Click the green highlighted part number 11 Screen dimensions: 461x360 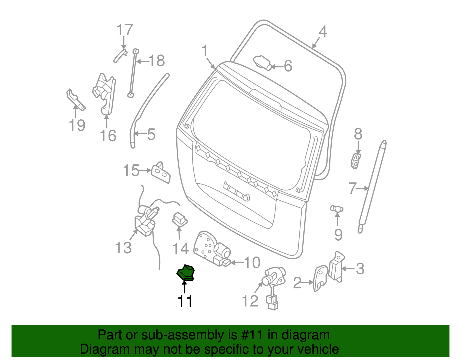point(186,273)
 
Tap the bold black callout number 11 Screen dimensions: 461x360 point(185,301)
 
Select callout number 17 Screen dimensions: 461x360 point(125,30)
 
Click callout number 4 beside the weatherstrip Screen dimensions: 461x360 point(323,32)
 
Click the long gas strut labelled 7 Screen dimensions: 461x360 point(373,187)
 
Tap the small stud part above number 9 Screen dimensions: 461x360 point(337,209)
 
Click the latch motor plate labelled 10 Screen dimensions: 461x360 point(212,249)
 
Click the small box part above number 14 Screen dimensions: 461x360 point(180,219)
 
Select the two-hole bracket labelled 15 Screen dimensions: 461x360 point(160,172)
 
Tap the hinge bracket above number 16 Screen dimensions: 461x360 point(104,94)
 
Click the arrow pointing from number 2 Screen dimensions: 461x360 point(307,282)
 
